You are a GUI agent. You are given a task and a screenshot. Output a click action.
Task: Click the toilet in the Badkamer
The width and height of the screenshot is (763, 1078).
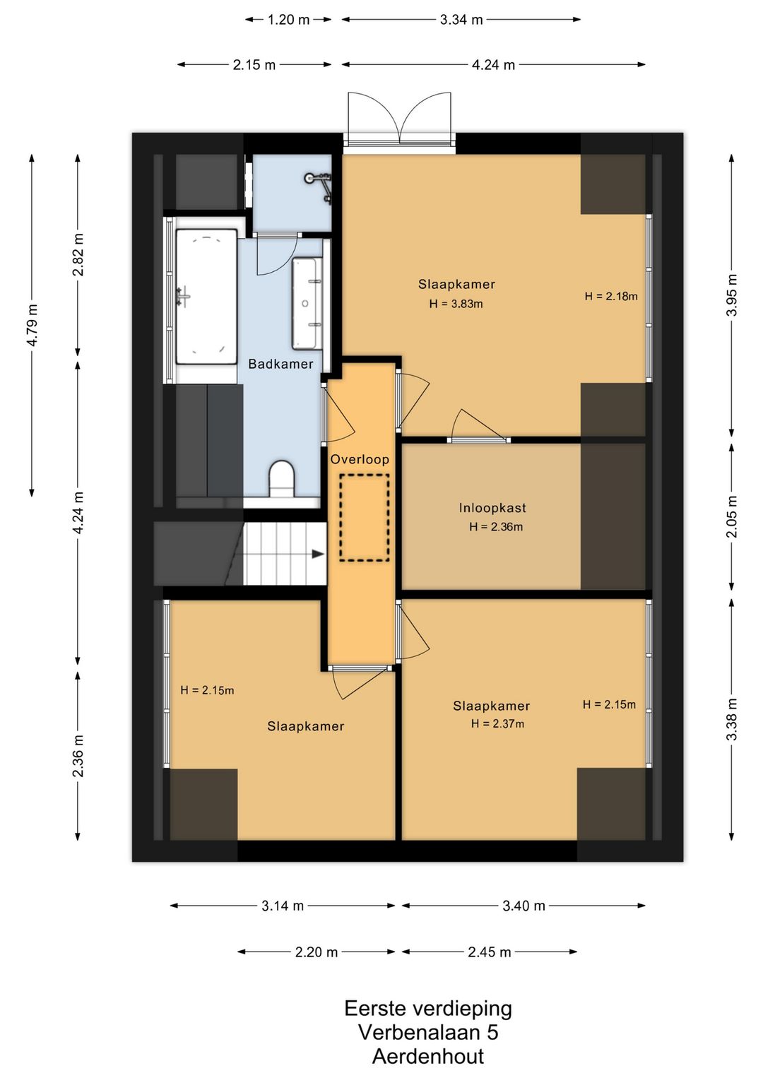pyautogui.click(x=281, y=479)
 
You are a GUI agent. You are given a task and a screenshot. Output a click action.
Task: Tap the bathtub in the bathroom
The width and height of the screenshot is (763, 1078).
pyautogui.click(x=206, y=297)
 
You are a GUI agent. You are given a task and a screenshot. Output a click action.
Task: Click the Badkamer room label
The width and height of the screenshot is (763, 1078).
pyautogui.click(x=280, y=364)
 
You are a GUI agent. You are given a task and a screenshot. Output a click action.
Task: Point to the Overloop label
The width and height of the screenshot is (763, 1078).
pyautogui.click(x=360, y=460)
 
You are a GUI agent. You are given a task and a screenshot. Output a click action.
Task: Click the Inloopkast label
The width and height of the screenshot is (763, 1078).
pyautogui.click(x=492, y=508)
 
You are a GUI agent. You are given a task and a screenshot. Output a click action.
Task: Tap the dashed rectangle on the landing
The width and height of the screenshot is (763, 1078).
pyautogui.click(x=365, y=518)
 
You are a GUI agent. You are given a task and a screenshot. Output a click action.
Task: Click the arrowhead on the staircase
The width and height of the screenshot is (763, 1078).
pyautogui.click(x=318, y=554)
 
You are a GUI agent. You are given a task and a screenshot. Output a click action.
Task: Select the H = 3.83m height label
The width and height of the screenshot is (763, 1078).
pyautogui.click(x=456, y=304)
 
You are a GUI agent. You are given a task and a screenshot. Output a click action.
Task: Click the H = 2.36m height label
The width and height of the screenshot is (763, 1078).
pyautogui.click(x=496, y=527)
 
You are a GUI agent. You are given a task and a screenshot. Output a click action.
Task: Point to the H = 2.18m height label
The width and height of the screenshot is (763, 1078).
pyautogui.click(x=611, y=297)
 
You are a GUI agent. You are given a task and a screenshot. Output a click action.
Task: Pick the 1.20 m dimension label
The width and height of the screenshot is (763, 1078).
pyautogui.click(x=288, y=20)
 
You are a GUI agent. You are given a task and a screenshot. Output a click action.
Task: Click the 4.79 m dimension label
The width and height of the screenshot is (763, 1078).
pyautogui.click(x=32, y=325)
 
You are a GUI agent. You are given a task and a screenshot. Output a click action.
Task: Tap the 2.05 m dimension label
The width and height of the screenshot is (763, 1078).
pyautogui.click(x=731, y=516)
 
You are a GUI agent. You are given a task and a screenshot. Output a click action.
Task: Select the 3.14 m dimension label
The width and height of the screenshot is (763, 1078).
pyautogui.click(x=283, y=906)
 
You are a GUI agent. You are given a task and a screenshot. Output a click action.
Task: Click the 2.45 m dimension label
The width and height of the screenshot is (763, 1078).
pyautogui.click(x=489, y=952)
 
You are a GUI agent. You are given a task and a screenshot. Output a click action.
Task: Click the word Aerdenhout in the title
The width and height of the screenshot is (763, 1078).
pyautogui.click(x=428, y=1056)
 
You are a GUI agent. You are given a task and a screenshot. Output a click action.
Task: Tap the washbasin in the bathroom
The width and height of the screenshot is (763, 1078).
pyautogui.click(x=306, y=303)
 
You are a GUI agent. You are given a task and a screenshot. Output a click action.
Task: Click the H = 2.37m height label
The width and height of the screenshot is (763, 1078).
pyautogui.click(x=497, y=723)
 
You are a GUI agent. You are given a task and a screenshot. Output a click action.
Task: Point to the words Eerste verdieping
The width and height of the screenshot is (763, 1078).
pyautogui.click(x=428, y=1008)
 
